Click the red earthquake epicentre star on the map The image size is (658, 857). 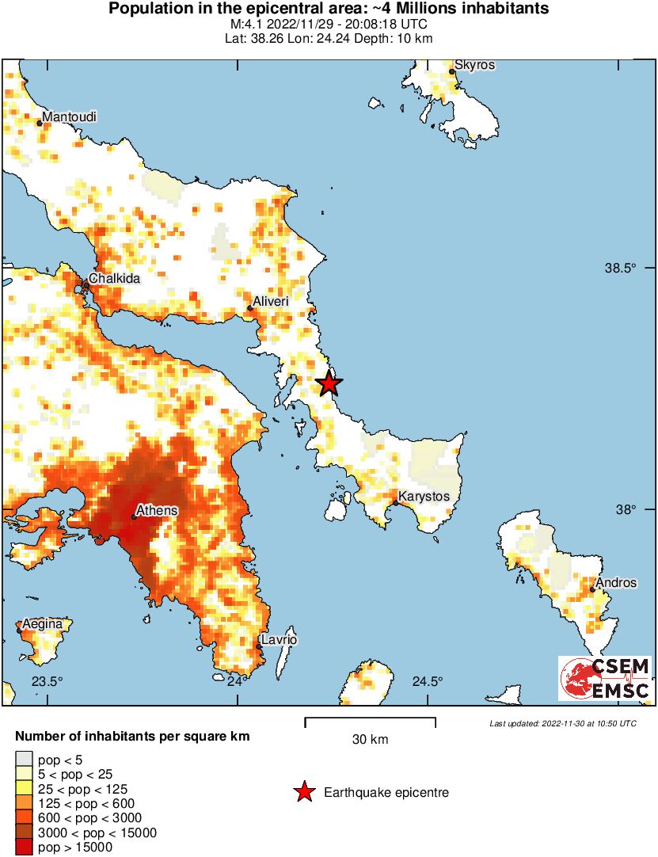[329, 384]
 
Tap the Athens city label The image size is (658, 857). [157, 511]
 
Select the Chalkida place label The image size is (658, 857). [115, 279]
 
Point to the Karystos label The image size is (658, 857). [424, 497]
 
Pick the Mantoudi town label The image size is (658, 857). [70, 117]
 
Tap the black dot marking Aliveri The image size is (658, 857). [249, 309]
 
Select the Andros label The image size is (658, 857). [616, 583]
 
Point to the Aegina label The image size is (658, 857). [42, 624]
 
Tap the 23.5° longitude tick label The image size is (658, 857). [46, 682]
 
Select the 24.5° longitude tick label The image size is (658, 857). [428, 682]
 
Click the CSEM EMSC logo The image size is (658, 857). [605, 679]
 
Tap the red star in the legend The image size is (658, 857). [303, 792]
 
